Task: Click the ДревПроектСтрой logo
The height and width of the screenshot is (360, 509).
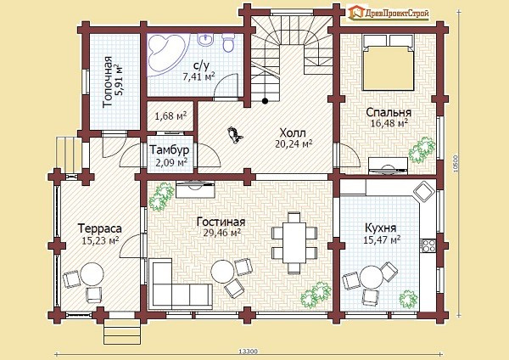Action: pyautogui.click(x=388, y=13)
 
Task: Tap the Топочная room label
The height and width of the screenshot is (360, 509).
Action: pyautogui.click(x=108, y=82)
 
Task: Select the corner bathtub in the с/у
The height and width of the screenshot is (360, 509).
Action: pyautogui.click(x=166, y=53)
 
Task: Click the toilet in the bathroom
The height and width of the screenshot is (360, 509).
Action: pyautogui.click(x=228, y=42)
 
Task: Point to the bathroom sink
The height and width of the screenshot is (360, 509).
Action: pyautogui.click(x=205, y=40)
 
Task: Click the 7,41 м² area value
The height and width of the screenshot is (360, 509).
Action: pyautogui.click(x=199, y=77)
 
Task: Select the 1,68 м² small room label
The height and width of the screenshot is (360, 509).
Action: pyautogui.click(x=171, y=116)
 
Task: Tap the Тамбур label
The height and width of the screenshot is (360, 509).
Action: pyautogui.click(x=169, y=149)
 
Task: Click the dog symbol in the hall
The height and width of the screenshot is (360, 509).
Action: pyautogui.click(x=235, y=134)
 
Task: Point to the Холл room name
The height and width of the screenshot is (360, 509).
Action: pyautogui.click(x=293, y=133)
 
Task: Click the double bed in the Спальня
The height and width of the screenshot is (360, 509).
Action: pyautogui.click(x=389, y=62)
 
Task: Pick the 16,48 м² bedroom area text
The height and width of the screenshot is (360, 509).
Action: pyautogui.click(x=389, y=123)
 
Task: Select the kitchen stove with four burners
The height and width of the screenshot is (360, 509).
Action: pyautogui.click(x=428, y=245)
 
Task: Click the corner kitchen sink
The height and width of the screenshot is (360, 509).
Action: pyautogui.click(x=424, y=190)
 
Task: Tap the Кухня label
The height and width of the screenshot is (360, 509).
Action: pyautogui.click(x=381, y=228)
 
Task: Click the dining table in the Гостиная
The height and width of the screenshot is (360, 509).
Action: pyautogui.click(x=294, y=242)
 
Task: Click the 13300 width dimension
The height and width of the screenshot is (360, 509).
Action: pyautogui.click(x=248, y=352)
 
